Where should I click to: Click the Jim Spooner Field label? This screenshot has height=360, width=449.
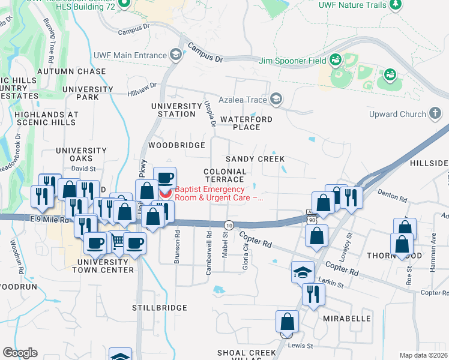[x=292, y=61]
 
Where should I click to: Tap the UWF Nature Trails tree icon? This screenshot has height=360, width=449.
[x=395, y=5]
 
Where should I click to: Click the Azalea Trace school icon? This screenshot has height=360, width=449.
[x=276, y=98]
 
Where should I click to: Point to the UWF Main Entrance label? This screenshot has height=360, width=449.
[x=130, y=55]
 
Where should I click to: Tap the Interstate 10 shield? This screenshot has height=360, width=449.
[x=229, y=224]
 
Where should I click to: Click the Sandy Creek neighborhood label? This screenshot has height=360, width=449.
[x=255, y=159]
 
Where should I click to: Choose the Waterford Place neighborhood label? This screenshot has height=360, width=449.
[x=246, y=123]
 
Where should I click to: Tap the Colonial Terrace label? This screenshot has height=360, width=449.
[x=225, y=175]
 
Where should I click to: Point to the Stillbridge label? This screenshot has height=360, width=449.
[x=160, y=307]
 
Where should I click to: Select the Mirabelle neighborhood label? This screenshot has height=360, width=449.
[x=348, y=318]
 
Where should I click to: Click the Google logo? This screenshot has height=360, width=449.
[x=19, y=353]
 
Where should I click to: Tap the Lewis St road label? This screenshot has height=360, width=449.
[x=301, y=346]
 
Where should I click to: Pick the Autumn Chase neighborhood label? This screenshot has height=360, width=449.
[x=71, y=71]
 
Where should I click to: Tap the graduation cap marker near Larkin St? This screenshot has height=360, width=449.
[x=303, y=273]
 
